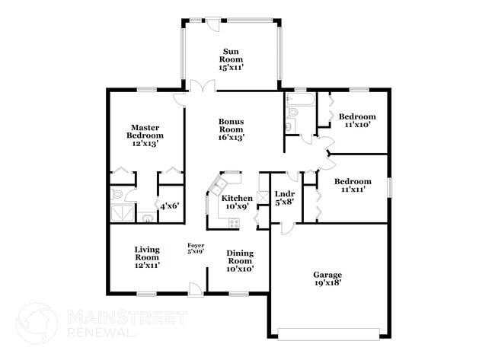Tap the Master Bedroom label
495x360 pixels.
(145, 135)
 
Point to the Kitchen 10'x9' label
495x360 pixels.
(237, 202)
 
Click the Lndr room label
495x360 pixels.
(285, 198)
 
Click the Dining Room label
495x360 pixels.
(240, 260)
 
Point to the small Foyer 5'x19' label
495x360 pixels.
(196, 248)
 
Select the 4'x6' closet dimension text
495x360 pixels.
(169, 205)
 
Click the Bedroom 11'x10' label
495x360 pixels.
(358, 121)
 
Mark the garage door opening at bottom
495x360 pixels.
(328, 333)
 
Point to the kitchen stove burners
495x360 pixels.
(234, 222)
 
